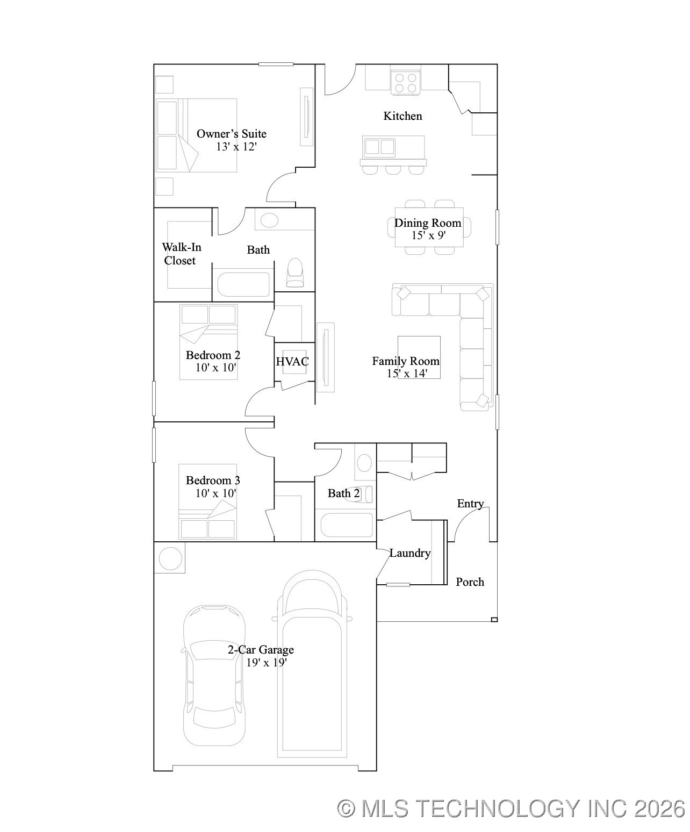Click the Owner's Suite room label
231,134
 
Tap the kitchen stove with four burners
406,83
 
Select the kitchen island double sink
380,147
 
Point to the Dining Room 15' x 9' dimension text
428,235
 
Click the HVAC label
292,362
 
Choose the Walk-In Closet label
181,254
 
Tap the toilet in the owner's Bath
295,272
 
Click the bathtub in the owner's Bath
243,284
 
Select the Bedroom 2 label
213,355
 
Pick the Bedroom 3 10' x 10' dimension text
216,493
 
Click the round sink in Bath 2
364,463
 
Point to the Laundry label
410,553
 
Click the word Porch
470,582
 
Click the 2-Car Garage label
261,650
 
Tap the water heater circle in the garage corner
170,558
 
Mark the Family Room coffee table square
419,357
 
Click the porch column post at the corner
494,620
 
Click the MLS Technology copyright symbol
347,808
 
